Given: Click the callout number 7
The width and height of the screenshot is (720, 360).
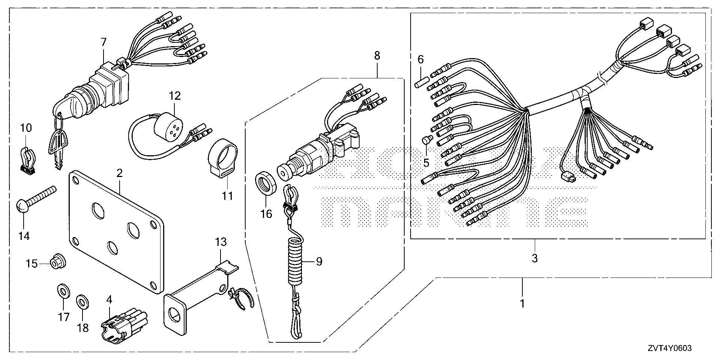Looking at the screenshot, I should click(104, 42).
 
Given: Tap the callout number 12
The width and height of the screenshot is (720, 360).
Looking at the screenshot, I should click(175, 96).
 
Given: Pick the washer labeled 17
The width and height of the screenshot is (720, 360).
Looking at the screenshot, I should click(62, 291).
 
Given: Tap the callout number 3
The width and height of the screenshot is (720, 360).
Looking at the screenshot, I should click(535, 258).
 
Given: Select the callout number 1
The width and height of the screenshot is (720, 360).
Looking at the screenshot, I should click(522, 303).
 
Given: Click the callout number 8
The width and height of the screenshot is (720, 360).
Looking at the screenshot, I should click(377, 55).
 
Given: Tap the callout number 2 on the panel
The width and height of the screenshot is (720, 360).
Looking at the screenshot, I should click(119, 173).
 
